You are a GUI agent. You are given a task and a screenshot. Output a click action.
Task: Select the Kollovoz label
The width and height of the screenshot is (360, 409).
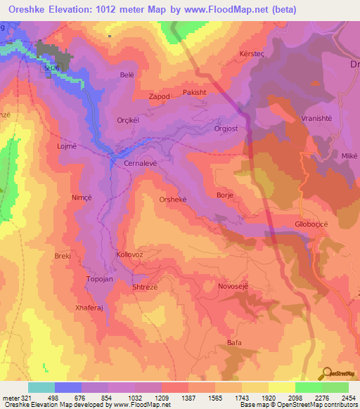click(130, 254)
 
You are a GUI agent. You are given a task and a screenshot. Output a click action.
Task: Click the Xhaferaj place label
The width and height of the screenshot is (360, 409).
click(89, 308)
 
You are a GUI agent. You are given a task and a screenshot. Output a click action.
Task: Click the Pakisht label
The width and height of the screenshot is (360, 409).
click(195, 91)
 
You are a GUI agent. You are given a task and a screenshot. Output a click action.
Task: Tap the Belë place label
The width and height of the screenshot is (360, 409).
click(127, 74)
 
